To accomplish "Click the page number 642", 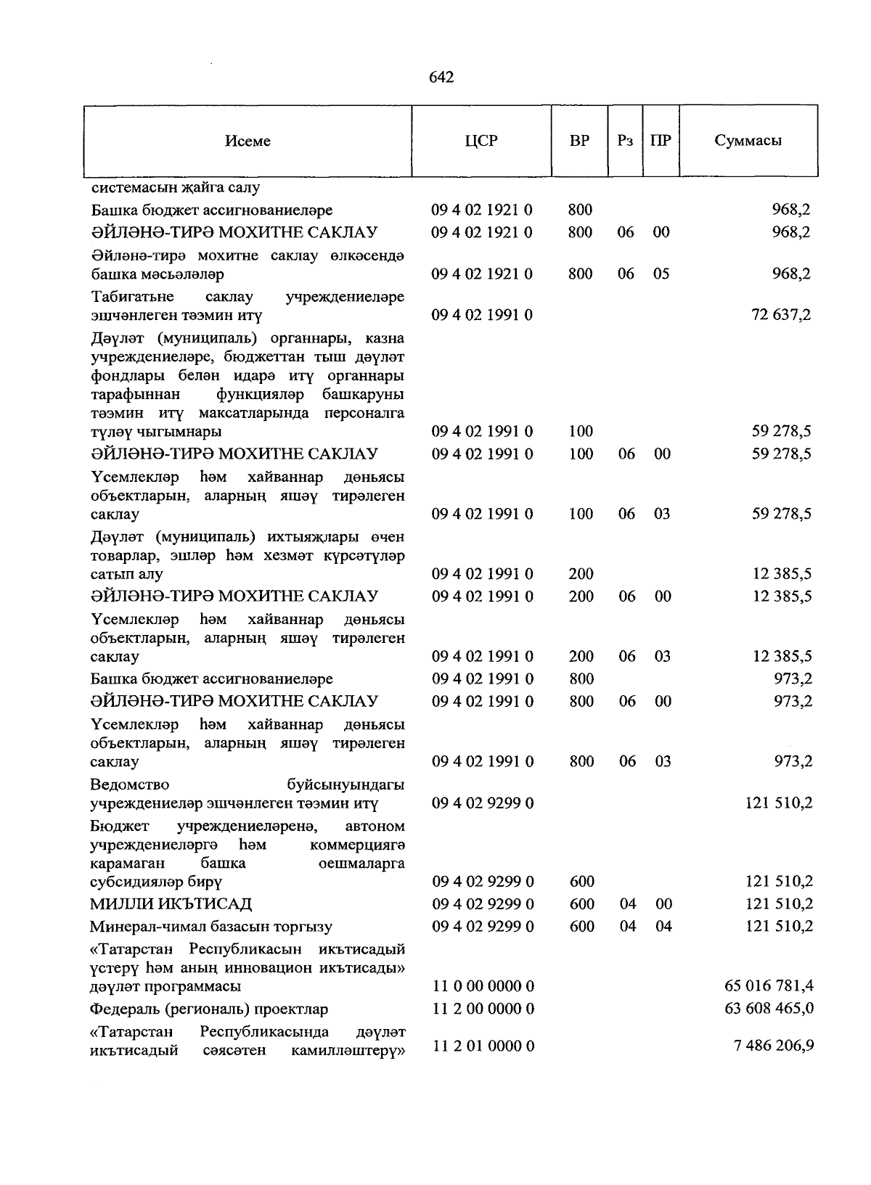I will click(441, 78).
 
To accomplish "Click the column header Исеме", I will click(248, 141).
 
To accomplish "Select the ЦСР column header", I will click(482, 141).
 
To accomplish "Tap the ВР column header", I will click(579, 141).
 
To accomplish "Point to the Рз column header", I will click(625, 141).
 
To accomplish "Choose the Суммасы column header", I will click(748, 141).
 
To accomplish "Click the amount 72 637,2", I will click(781, 315).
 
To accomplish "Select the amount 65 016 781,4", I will click(769, 986).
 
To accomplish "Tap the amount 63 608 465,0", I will click(769, 1009).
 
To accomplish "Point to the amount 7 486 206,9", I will click(772, 1046).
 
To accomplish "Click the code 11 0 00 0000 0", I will click(483, 986).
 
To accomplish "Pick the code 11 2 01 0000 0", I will click(483, 1046).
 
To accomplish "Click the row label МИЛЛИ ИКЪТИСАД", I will click(171, 904).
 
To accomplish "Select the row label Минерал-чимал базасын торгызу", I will click(211, 927).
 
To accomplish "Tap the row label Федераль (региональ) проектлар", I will click(209, 1009).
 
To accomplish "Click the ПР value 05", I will click(661, 274).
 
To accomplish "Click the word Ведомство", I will click(130, 784).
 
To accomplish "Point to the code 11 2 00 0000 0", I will click(483, 1009).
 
